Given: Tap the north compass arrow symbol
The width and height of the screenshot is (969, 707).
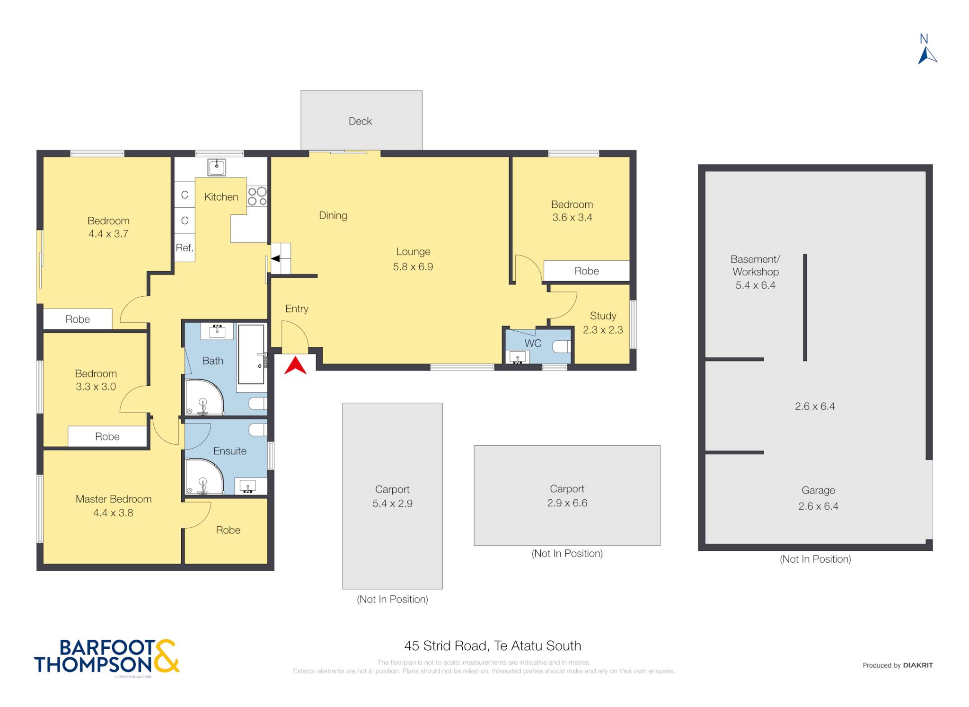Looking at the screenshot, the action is pyautogui.click(x=927, y=56).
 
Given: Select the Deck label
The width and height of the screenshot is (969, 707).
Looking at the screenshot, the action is pyautogui.click(x=360, y=121).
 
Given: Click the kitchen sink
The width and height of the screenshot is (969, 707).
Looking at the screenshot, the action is pyautogui.click(x=217, y=167).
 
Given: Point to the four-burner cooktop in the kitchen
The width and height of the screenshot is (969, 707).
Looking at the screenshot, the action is pyautogui.click(x=257, y=196).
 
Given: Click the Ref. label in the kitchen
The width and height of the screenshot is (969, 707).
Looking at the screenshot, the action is pyautogui.click(x=185, y=247).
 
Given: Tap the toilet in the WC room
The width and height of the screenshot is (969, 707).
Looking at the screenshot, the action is pyautogui.click(x=562, y=347).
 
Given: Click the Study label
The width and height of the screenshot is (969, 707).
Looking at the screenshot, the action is pyautogui.click(x=603, y=316).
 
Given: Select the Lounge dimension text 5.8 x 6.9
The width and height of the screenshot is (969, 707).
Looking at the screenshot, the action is pyautogui.click(x=413, y=266).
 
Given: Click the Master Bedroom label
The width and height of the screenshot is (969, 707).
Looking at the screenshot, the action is pyautogui.click(x=114, y=499).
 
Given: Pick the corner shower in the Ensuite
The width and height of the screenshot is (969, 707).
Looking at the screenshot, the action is pyautogui.click(x=204, y=477).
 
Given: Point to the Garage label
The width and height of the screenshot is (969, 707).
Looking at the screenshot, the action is pyautogui.click(x=818, y=490).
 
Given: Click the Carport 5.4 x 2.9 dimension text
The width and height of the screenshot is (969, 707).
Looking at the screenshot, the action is pyautogui.click(x=392, y=504).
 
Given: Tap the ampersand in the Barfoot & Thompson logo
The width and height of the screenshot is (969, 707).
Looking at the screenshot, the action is pyautogui.click(x=166, y=656).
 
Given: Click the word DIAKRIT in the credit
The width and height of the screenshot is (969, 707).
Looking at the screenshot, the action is pyautogui.click(x=918, y=665).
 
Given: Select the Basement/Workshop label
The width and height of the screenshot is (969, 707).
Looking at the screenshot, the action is pyautogui.click(x=755, y=265).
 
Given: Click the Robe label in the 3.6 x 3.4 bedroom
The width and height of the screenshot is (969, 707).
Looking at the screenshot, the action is pyautogui.click(x=586, y=271).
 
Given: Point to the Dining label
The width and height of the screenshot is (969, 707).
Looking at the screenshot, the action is pyautogui.click(x=333, y=216).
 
